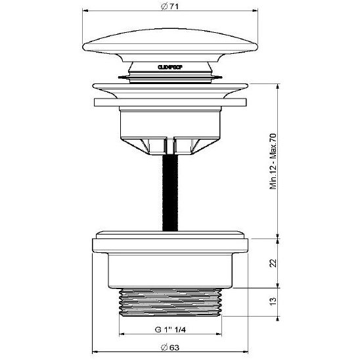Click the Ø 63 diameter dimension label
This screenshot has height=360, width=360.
(171, 348)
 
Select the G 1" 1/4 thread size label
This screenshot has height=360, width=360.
(169, 329)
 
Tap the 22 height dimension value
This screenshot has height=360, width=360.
(272, 263)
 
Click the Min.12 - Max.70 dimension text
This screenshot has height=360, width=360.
(272, 162)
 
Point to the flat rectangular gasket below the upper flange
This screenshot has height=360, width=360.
(171, 103)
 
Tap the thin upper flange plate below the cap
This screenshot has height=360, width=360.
(171, 87)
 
